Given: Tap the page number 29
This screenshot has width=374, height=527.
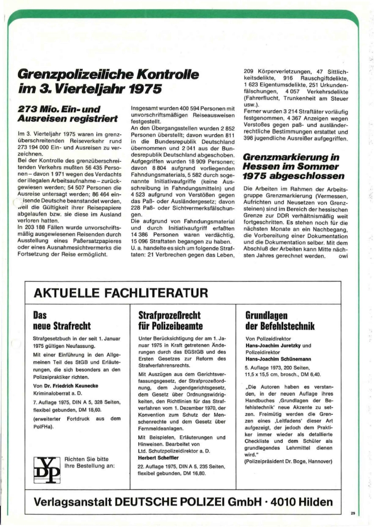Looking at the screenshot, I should tap(352, 513).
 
